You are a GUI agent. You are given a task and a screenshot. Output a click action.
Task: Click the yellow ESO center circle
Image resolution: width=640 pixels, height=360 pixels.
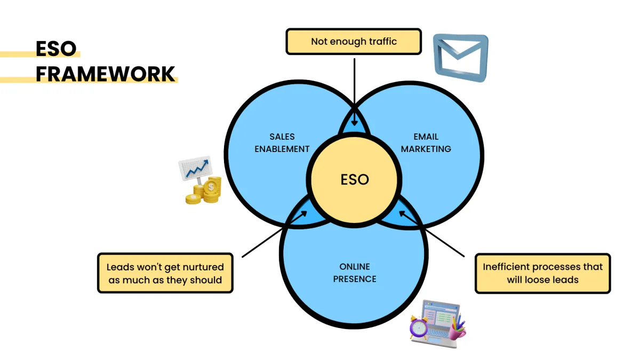[x=354, y=180]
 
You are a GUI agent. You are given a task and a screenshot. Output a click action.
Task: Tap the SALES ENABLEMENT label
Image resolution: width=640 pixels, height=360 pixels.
[x=282, y=143]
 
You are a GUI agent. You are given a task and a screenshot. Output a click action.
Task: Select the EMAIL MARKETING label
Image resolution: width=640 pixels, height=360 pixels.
[x=426, y=143]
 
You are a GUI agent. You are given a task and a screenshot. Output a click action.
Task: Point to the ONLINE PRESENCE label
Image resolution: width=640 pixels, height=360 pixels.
[x=355, y=273]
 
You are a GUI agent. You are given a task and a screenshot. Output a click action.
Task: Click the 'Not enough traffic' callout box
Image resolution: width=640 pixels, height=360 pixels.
[x=354, y=42]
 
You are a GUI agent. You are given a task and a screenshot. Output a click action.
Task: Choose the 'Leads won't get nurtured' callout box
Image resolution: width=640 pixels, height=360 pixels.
[x=165, y=273]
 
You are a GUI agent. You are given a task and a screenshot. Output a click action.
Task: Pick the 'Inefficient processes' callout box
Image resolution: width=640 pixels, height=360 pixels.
[x=542, y=273]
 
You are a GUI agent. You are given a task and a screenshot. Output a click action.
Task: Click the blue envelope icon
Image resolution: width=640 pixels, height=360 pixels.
[x=460, y=57]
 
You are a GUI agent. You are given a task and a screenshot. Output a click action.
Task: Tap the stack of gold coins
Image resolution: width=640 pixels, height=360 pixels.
[x=205, y=192]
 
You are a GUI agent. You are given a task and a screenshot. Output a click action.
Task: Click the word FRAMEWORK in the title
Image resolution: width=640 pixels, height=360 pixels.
[x=105, y=74]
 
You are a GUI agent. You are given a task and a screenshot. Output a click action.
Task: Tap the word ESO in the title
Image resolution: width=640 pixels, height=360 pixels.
[x=56, y=49]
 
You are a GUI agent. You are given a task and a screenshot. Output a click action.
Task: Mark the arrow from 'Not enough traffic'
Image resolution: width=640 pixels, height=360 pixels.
[x=354, y=91]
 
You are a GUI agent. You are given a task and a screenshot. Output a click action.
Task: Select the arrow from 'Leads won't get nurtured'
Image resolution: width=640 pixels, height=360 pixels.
[x=275, y=234]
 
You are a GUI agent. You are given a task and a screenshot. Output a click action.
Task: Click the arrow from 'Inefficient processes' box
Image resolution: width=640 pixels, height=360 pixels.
[x=432, y=233]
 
